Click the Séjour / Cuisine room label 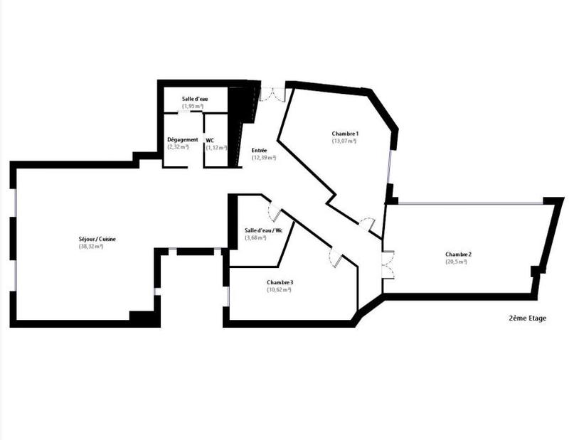97,239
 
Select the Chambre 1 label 345,134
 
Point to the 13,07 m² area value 344,141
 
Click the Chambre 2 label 459,254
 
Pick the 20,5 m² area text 456,262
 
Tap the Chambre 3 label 280,282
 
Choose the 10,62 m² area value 280,289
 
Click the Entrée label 260,150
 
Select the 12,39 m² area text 264,157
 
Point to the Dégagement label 182,140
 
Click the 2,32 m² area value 178,147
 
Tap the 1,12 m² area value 216,147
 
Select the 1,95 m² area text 193,106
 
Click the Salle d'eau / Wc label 263,230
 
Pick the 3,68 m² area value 255,237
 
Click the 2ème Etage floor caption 528,318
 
